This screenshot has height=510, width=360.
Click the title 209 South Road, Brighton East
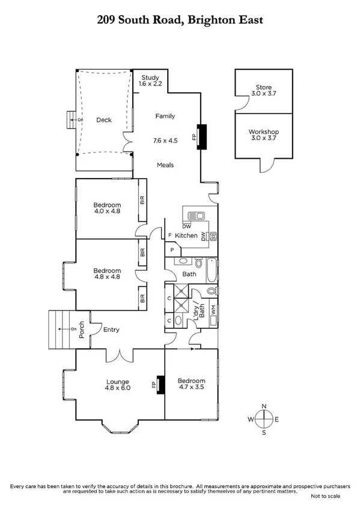180,20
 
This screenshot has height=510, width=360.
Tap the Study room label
150,81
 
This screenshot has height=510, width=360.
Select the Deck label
104,120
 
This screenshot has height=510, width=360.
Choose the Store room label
263,90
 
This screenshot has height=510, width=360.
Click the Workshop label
263,135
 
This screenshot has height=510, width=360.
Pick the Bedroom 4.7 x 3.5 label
191,384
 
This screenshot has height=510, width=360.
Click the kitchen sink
195,215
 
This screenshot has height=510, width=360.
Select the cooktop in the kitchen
212,235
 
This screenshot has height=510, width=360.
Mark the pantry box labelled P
172,249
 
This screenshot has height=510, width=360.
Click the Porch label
82,330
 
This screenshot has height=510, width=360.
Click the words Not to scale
325,496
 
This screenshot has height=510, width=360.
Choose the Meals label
165,165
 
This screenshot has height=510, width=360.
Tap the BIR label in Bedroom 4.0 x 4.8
142,200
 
